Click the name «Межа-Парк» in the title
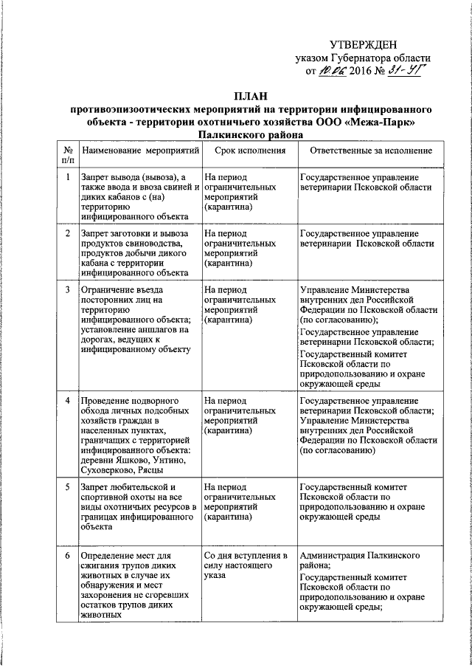(383, 121)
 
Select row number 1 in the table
(68, 177)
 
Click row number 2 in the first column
(68, 233)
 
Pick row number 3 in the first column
(68, 290)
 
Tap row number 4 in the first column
(68, 401)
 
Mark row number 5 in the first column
(68, 487)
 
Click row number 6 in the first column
(68, 554)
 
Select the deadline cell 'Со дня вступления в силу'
(245, 560)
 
